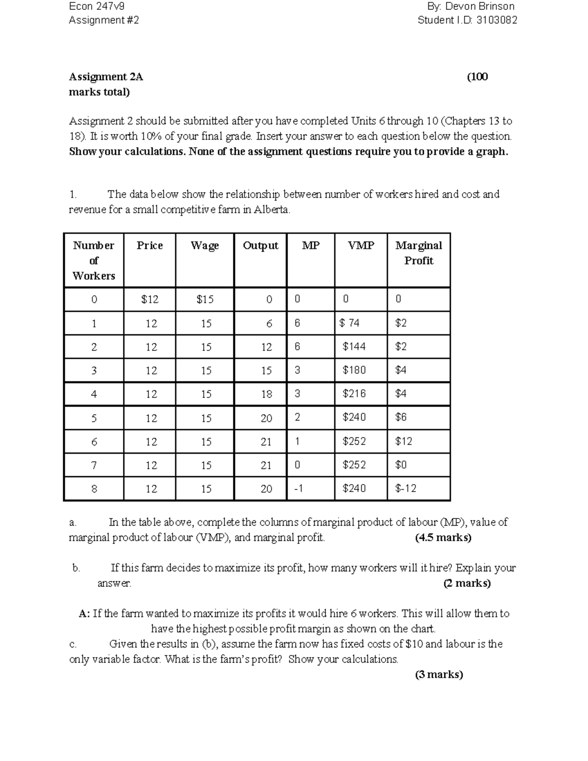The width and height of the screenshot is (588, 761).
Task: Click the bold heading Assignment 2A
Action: pyautogui.click(x=106, y=77)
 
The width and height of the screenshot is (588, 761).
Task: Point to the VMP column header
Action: pyautogui.click(x=361, y=245)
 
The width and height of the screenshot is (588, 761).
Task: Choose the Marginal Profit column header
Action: pyautogui.click(x=418, y=253)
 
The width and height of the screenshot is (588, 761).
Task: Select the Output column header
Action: pyautogui.click(x=260, y=245)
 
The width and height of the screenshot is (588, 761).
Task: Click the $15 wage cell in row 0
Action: pyautogui.click(x=205, y=299)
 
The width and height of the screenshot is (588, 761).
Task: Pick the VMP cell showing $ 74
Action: pyautogui.click(x=350, y=323)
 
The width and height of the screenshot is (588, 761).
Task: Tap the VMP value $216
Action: pyautogui.click(x=354, y=393)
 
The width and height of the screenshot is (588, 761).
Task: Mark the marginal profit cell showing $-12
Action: pyautogui.click(x=406, y=488)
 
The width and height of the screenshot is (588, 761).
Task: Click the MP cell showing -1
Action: pyautogui.click(x=298, y=488)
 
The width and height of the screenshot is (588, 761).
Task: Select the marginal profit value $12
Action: pyautogui.click(x=404, y=441)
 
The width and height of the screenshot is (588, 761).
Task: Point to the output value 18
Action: pyautogui.click(x=266, y=394)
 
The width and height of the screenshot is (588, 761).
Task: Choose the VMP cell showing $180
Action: pyautogui.click(x=354, y=370)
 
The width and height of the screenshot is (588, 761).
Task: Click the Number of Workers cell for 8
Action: pyautogui.click(x=94, y=489)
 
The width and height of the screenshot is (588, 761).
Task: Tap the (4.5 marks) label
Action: pyautogui.click(x=443, y=538)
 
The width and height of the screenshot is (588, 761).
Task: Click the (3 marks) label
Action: pyautogui.click(x=439, y=675)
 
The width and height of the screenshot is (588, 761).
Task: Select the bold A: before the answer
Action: pyautogui.click(x=84, y=614)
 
